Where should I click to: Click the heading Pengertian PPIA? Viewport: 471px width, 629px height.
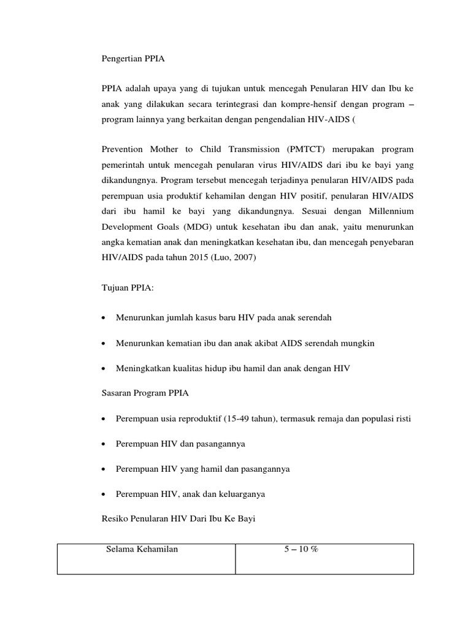pyautogui.click(x=133, y=60)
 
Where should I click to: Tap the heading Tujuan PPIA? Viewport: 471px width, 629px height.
pyautogui.click(x=128, y=287)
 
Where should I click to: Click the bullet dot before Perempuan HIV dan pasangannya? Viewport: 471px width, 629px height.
pyautogui.click(x=105, y=444)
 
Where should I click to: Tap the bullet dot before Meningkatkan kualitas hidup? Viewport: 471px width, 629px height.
pyautogui.click(x=105, y=369)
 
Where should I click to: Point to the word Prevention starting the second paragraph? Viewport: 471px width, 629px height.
pyautogui.click(x=122, y=149)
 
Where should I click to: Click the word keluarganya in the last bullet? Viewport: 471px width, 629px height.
pyautogui.click(x=238, y=494)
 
